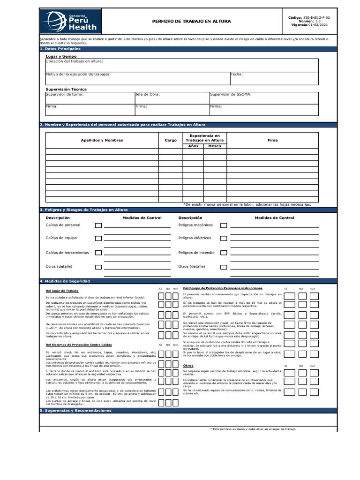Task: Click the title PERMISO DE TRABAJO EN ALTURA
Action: tap(192, 22)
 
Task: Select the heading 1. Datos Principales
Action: tap(60, 49)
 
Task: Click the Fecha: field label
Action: tap(237, 74)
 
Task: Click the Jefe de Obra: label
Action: tap(147, 94)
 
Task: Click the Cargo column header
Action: tap(171, 140)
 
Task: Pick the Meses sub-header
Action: tap(215, 146)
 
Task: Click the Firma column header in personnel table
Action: tap(272, 140)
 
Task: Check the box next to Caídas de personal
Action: tap(98, 225)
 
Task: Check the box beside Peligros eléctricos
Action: tap(224, 239)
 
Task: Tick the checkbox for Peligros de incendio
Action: tap(224, 253)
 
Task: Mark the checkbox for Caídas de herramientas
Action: tap(98, 253)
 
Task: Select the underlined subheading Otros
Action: tap(188, 365)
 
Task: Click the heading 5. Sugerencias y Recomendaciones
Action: tap(76, 411)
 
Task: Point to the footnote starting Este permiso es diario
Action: tap(254, 429)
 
